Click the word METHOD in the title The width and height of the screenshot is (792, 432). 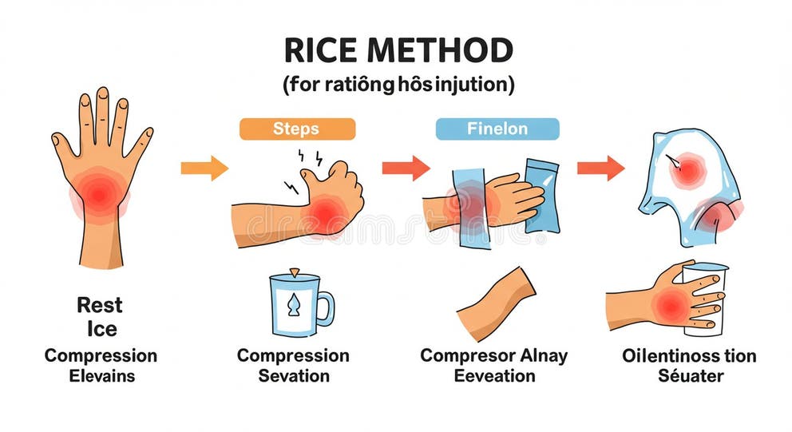439,52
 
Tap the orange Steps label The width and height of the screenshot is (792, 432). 297,129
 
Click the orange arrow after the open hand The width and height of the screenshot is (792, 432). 204,168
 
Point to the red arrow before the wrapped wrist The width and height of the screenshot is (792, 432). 405,168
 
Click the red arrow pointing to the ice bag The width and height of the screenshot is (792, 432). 600,168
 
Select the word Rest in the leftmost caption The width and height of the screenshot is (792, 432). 100,304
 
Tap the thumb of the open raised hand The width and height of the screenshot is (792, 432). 62,148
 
